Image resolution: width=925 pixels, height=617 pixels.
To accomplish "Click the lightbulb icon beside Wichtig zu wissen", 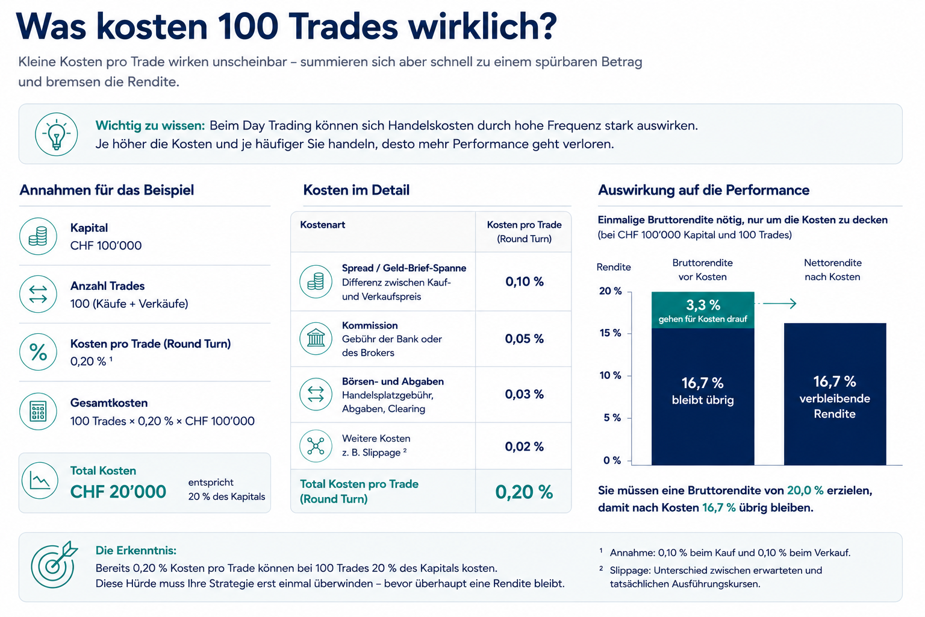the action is coord(56,134).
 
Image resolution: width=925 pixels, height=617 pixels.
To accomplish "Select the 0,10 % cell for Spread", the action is coord(525,282).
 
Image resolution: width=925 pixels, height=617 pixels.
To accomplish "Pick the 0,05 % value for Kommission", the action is coord(525,339).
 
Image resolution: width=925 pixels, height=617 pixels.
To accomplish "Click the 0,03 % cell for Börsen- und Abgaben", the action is coord(525,394).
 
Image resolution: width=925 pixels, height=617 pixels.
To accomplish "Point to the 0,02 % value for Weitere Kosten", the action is coord(525,446).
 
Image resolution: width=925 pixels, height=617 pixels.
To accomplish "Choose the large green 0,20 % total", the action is coord(524,492).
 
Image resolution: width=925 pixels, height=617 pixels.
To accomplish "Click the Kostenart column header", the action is coord(323,225).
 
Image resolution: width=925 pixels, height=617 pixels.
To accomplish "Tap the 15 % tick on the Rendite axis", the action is coord(610,333).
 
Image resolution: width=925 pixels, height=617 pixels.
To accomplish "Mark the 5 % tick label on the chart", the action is coord(612,418).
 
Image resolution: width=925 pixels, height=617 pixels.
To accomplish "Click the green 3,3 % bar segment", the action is coord(703,310).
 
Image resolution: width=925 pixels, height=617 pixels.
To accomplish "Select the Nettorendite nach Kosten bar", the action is coord(835,394).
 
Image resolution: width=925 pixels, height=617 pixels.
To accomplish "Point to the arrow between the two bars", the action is coord(776,304).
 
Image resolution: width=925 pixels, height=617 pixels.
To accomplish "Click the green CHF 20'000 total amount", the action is coord(118,492).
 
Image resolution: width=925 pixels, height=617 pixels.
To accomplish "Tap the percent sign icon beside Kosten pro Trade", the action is coord(38,352).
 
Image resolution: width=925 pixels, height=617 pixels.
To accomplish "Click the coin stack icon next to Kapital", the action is coord(38,236).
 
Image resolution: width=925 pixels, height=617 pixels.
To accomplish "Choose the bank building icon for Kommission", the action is coord(316,339).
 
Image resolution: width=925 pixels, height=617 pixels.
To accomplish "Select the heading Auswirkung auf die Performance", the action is coord(703,190).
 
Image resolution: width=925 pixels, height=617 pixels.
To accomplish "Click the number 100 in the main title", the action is coord(248,27).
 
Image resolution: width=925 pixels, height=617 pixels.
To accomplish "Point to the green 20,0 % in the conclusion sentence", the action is coord(805,490).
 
